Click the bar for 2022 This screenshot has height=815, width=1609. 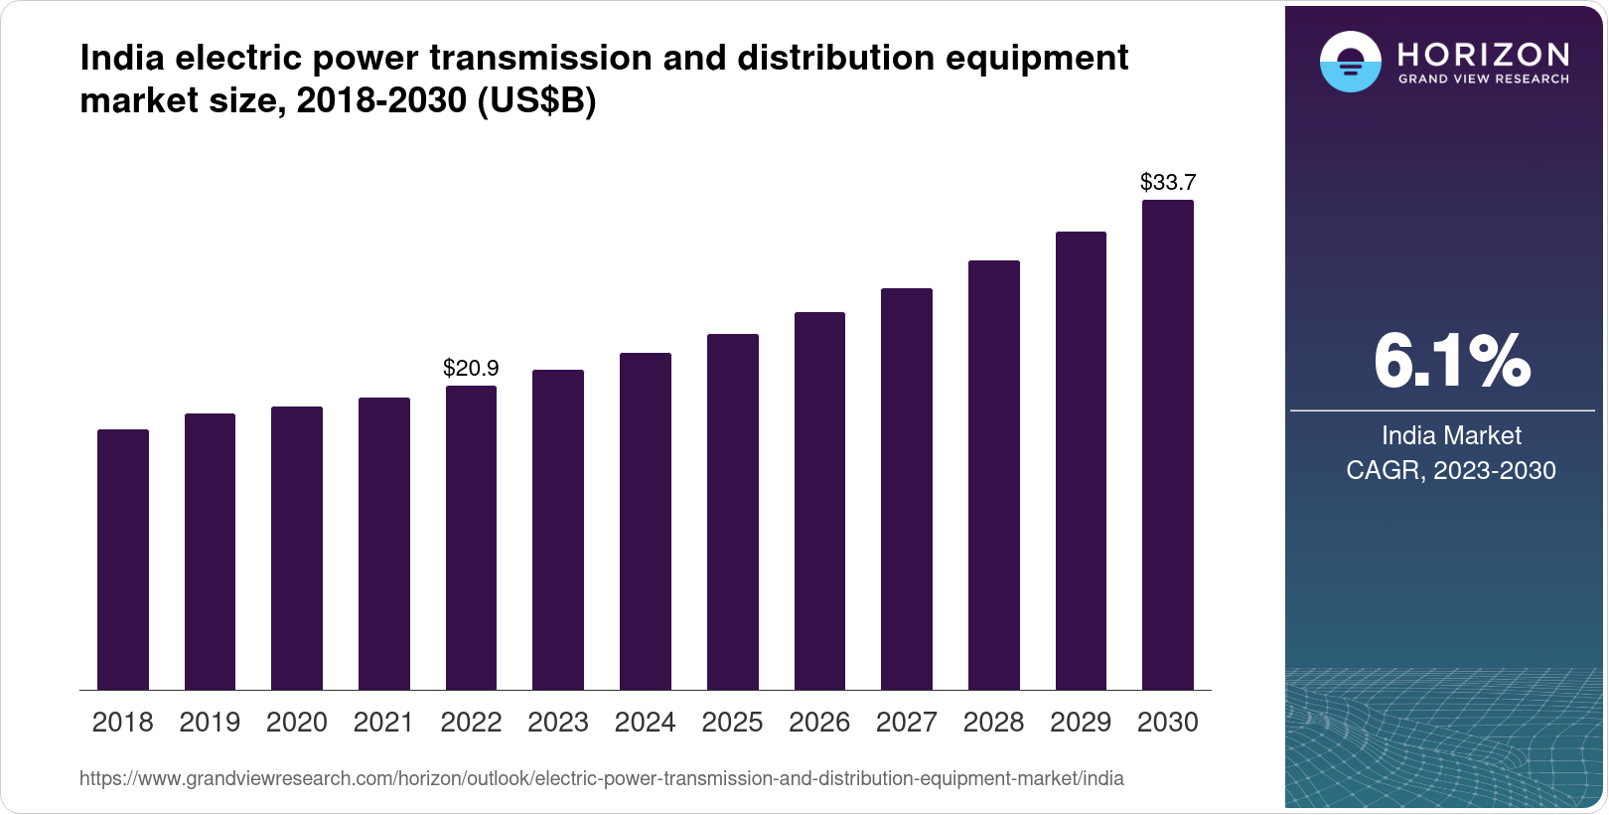[x=471, y=538]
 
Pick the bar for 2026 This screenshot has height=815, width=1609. [x=819, y=501]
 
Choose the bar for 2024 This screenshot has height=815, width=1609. [x=646, y=521]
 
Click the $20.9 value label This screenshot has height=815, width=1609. [x=471, y=369]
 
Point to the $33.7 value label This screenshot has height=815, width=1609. [x=1168, y=183]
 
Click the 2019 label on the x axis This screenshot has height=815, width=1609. [x=210, y=723]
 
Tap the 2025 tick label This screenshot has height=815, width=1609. [x=732, y=723]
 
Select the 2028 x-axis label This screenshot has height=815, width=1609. [x=993, y=723]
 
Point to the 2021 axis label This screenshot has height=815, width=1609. [x=383, y=723]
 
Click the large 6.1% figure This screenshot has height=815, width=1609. [x=1451, y=361]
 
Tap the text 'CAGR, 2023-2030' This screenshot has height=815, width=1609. [x=1451, y=470]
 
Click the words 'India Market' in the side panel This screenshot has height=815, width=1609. [x=1451, y=435]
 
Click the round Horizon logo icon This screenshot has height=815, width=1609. [x=1350, y=62]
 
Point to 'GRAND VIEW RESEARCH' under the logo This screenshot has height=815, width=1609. [x=1484, y=79]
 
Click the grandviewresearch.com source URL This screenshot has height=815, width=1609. [x=602, y=779]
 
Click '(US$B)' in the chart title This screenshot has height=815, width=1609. [x=537, y=100]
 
